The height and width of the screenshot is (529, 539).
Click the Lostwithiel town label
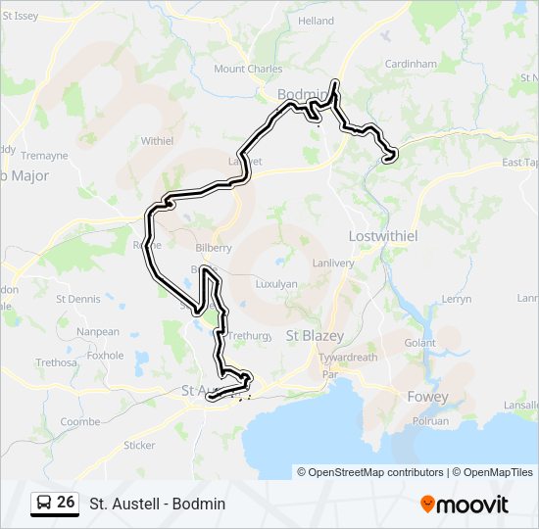[x=384, y=237]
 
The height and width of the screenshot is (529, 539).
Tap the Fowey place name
[x=427, y=397]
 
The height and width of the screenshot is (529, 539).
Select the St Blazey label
[x=314, y=335]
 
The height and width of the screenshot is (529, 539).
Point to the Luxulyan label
[x=275, y=282]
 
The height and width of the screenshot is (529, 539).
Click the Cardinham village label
[x=411, y=64]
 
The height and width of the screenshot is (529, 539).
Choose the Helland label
[x=316, y=21]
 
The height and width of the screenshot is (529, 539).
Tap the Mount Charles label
[x=248, y=69]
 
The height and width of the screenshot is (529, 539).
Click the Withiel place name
[x=157, y=141]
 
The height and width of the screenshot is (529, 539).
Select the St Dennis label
[x=77, y=298]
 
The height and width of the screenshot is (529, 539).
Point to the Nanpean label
[x=98, y=331]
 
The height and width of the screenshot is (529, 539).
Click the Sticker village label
[x=140, y=445]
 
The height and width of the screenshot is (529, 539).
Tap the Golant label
[x=419, y=343]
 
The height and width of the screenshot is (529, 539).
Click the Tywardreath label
[x=348, y=357]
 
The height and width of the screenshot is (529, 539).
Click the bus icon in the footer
[x=43, y=503]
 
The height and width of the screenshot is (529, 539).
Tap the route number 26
[x=66, y=503]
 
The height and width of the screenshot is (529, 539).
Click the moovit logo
[x=465, y=504]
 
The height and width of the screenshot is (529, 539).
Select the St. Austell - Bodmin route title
[x=157, y=504]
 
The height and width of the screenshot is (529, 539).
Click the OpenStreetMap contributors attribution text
[x=370, y=472]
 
